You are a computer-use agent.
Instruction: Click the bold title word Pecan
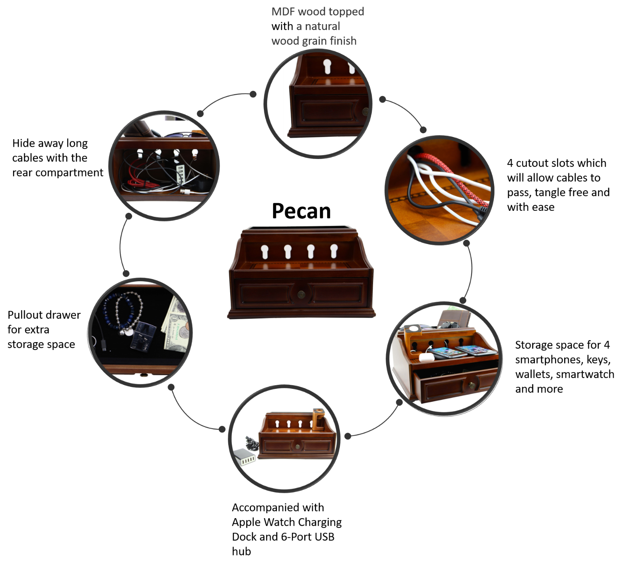301,211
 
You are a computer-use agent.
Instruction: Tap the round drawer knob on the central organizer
301,294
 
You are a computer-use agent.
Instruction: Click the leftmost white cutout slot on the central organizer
265,252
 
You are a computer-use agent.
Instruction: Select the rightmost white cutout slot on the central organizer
334,251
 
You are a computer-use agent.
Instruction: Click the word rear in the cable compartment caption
23,173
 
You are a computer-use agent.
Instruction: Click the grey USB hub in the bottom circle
244,457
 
